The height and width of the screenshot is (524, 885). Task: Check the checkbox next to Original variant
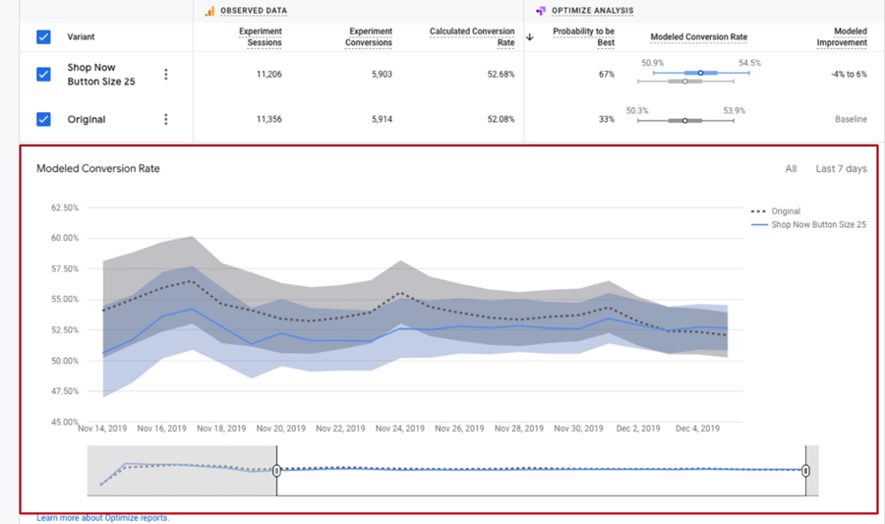[x=43, y=119]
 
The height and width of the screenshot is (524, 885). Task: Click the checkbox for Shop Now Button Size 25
[x=43, y=74]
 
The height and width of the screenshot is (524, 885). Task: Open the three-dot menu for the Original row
[x=166, y=119]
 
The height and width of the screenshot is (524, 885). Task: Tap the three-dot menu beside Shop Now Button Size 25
[x=166, y=74]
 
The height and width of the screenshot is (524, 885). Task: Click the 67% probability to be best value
[x=606, y=74]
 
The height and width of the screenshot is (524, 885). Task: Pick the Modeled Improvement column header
[x=843, y=37]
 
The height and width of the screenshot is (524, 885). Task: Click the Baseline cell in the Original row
[x=851, y=119]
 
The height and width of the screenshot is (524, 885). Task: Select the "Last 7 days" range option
[x=841, y=169]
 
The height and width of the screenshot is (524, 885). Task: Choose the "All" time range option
[x=791, y=169]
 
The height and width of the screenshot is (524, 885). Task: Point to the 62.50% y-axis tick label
[x=65, y=207]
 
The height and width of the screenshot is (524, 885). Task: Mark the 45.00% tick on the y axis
[x=65, y=422]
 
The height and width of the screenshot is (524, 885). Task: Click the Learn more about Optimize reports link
[x=102, y=517]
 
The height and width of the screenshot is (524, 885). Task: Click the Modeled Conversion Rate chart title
[x=98, y=169]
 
